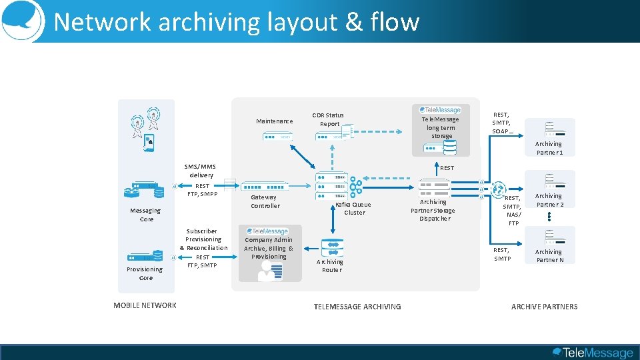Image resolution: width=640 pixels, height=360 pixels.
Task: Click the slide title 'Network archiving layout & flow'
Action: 237,22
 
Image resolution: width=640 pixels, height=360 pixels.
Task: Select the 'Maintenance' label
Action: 274,121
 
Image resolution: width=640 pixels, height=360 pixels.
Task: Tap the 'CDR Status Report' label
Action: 329,119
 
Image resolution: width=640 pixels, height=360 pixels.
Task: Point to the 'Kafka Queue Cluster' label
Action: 354,209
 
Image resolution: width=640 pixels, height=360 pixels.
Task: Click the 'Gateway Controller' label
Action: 265,201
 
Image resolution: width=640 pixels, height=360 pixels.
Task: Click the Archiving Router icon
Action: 332,248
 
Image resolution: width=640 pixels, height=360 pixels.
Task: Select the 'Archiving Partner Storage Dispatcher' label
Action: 433,210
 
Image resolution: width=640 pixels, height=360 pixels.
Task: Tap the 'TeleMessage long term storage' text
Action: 441,127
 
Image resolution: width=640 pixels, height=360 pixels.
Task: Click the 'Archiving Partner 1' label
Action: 549,148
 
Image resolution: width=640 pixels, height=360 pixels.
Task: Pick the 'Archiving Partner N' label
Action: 549,256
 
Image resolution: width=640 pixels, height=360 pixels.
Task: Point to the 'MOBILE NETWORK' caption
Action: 145,305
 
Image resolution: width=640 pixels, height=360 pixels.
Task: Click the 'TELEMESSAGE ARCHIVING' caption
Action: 357,307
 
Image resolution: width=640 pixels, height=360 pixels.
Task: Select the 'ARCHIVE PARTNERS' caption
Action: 544,307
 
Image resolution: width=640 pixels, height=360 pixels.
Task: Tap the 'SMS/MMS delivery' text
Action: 200,171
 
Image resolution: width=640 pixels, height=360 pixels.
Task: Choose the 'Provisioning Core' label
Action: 145,273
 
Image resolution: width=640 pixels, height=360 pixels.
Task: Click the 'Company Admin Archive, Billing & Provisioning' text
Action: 269,248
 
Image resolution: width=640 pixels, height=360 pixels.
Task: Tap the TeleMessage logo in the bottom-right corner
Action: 592,352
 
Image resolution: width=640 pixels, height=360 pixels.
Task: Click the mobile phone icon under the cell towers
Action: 150,141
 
